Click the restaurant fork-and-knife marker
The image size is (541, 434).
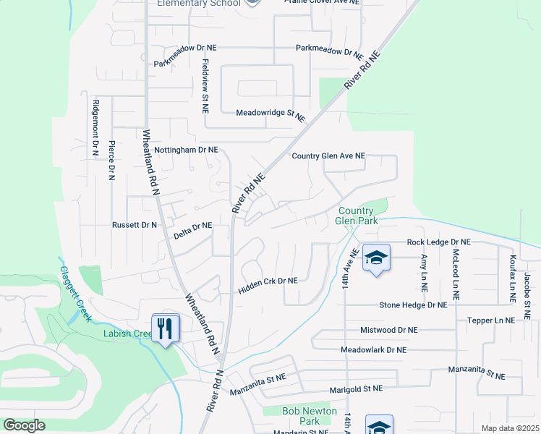coord(166,329)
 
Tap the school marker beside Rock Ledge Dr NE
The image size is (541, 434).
coord(376,258)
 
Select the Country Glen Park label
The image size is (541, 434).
coord(357,216)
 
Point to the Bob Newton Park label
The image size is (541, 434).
coord(310,416)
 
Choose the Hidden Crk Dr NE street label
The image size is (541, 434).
coord(268,286)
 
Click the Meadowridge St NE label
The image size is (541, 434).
coord(270,114)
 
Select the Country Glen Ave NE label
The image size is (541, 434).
coord(328,156)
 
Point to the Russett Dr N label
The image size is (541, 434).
coord(135,225)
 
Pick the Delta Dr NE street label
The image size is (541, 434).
coord(193,231)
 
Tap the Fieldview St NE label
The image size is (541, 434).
coord(205,86)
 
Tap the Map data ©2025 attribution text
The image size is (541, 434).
coord(510,428)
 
